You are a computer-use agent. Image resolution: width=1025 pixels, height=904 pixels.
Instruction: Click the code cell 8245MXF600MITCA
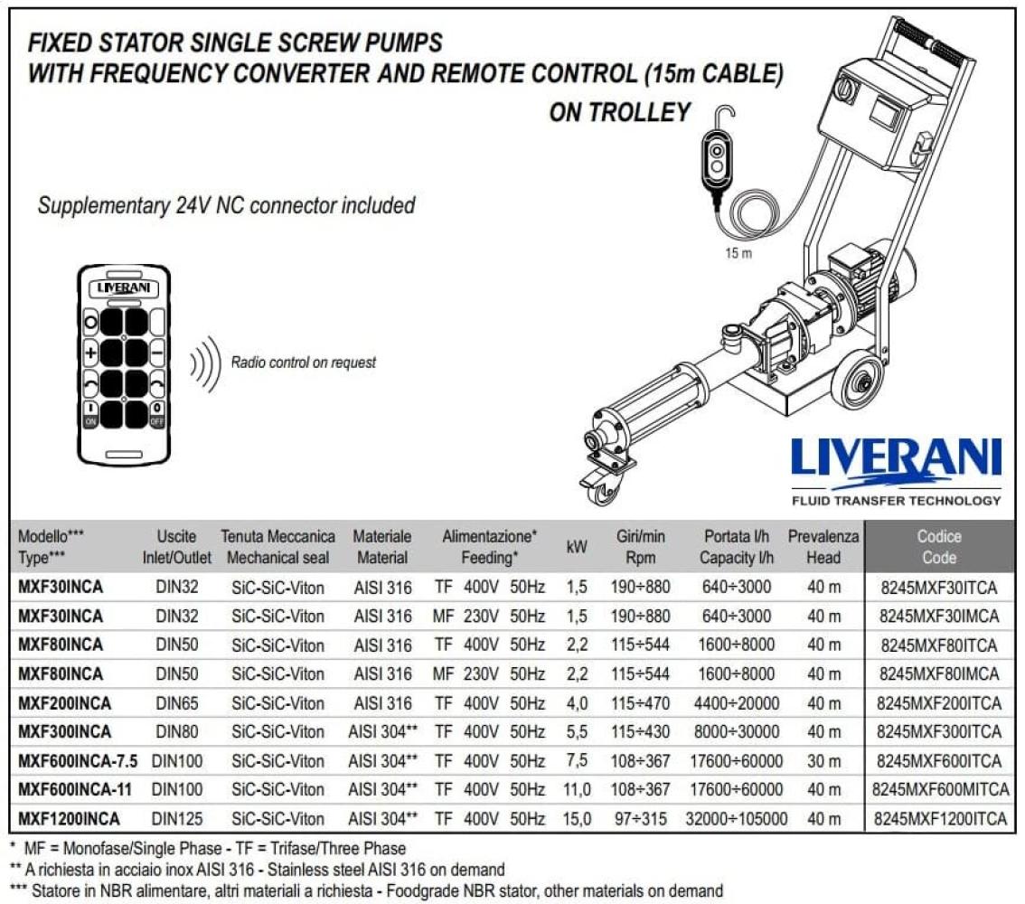coord(940,790)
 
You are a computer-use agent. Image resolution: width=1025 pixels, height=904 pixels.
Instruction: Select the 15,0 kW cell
coord(577,819)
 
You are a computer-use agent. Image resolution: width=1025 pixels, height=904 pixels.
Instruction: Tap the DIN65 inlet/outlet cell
coord(176,703)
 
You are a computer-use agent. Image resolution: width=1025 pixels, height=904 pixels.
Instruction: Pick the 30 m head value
coord(823,761)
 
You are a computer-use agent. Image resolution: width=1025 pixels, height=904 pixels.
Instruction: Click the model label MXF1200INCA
coord(69,819)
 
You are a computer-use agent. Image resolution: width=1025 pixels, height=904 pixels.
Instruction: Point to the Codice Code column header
coord(939,547)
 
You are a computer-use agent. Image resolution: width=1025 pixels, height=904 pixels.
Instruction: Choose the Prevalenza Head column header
coord(823,547)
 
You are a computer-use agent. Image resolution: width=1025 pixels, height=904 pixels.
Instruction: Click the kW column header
coord(576,547)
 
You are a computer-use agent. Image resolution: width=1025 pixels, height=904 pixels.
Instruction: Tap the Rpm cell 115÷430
coord(640,732)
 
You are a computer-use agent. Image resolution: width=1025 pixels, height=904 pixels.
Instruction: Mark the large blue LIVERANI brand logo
coord(896,459)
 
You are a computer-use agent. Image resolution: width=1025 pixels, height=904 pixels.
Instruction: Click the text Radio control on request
coord(304,363)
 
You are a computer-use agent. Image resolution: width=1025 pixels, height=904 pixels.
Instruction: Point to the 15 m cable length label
coord(738,253)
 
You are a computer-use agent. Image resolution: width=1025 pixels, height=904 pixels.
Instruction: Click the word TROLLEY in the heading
coord(646,112)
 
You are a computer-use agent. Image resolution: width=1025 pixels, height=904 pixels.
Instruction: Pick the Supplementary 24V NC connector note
coord(226,205)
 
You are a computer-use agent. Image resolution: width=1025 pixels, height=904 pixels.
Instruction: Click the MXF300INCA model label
coord(65,732)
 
